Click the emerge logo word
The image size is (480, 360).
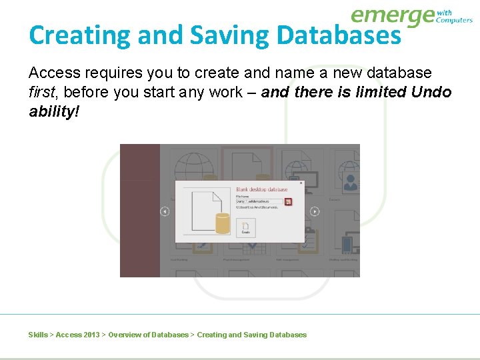(392, 15)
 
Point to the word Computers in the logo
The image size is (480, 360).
(454, 21)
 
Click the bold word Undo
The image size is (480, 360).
(430, 92)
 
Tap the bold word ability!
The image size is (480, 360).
(54, 111)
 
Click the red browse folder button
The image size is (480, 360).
(288, 201)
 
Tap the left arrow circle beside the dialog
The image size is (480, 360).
(165, 211)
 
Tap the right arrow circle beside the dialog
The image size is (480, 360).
(315, 211)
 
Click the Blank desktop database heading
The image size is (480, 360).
(262, 189)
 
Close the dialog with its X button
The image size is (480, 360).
(301, 183)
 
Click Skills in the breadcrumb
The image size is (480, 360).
(38, 335)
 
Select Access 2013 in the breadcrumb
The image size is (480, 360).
(78, 335)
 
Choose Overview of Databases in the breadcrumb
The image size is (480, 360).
(148, 335)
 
